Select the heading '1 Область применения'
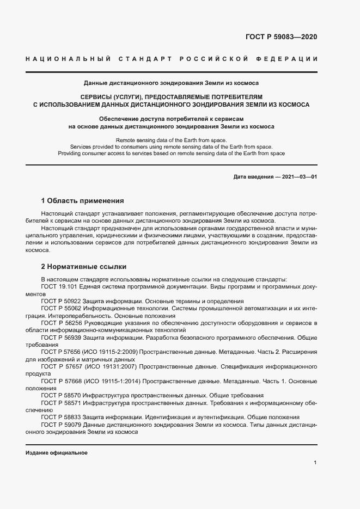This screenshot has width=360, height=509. [83, 200]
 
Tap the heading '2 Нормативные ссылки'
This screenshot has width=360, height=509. [84, 267]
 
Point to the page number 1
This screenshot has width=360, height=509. [315, 462]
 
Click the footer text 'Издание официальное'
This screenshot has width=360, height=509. [57, 453]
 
